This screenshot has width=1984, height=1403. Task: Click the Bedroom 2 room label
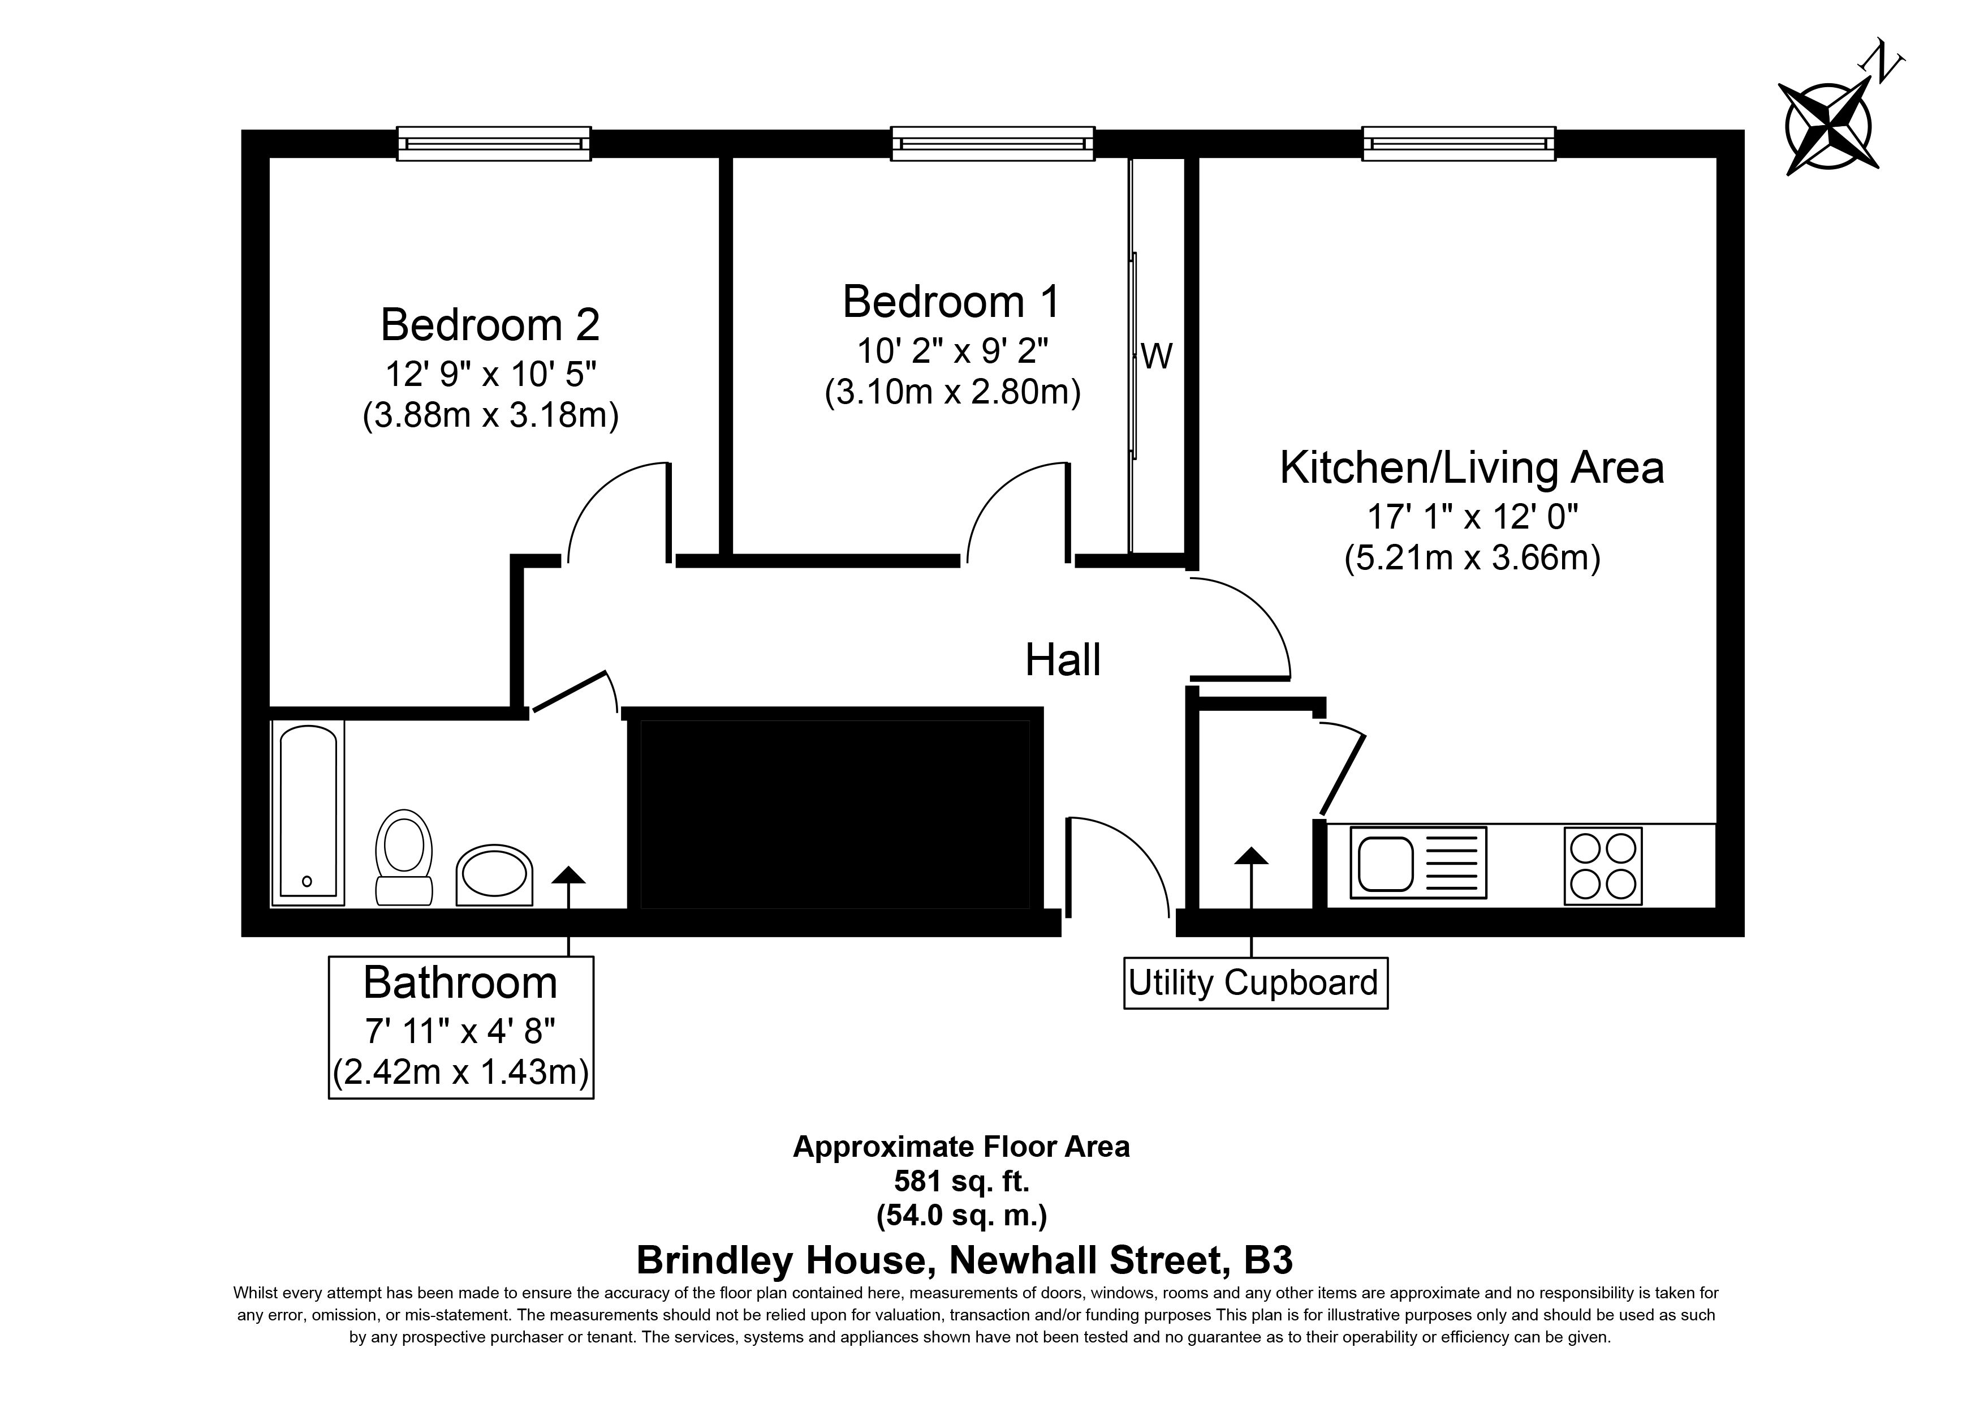[490, 325]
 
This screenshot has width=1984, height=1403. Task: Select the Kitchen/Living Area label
[1472, 467]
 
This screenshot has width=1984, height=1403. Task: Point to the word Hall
[1063, 660]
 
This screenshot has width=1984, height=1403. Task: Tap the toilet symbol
[404, 857]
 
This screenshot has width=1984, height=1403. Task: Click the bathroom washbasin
[494, 876]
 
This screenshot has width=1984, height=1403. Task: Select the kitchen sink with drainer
[1418, 863]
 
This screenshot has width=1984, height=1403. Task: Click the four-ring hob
[1603, 866]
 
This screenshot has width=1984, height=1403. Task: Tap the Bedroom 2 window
[493, 144]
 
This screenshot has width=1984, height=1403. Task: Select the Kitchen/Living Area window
[1459, 144]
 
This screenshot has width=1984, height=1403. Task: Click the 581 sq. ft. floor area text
[962, 1181]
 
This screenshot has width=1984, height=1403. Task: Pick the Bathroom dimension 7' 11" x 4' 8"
[460, 1031]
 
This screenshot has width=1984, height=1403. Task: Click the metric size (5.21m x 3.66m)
[1472, 559]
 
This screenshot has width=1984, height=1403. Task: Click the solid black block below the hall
[833, 809]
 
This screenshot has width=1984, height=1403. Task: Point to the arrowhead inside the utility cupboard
[1251, 856]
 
